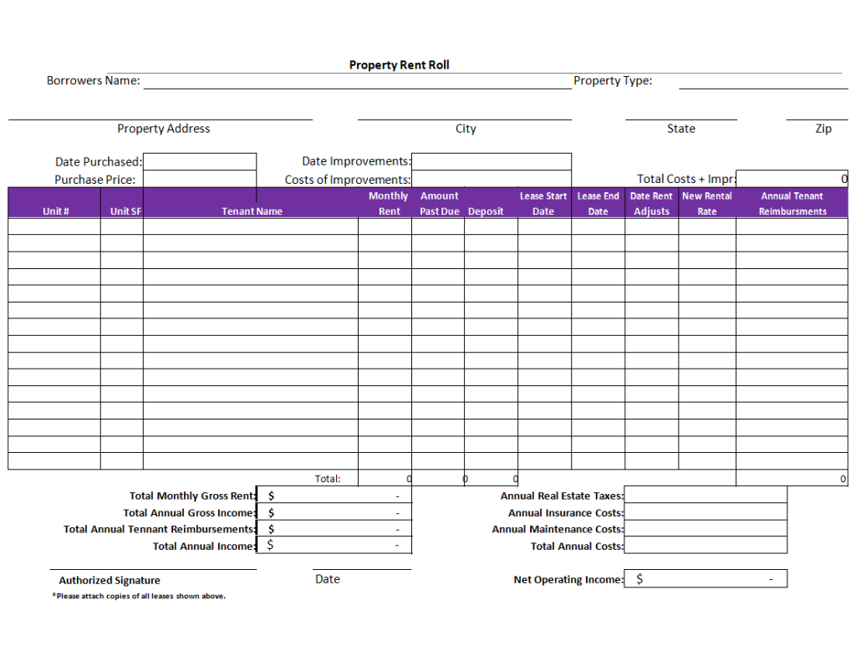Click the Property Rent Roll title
pos(399,65)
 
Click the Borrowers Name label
pos(93,81)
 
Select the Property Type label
pos(613,81)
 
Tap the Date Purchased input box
pos(200,161)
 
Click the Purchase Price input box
pos(200,179)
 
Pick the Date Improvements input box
pos(492,161)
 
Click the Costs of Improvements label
pos(348,180)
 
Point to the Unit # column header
pos(55,211)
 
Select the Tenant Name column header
pos(252,211)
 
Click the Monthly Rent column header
pos(389,204)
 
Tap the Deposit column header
pos(486,211)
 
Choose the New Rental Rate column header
pos(707,204)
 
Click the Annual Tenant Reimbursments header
pos(792,204)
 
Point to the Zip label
pos(823,129)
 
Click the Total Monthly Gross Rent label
pos(192,496)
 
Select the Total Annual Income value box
pos(334,546)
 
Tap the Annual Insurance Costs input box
pos(706,512)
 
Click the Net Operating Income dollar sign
pos(639,579)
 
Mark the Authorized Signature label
pos(110,580)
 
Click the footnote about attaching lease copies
pos(139,596)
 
